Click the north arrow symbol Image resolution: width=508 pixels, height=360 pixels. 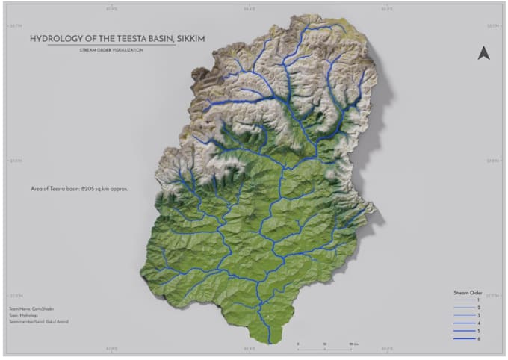(x=483, y=52)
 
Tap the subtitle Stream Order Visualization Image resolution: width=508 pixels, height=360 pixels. (x=111, y=50)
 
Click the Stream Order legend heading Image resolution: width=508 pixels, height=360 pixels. (x=468, y=292)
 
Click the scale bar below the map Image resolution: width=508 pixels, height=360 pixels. (x=325, y=348)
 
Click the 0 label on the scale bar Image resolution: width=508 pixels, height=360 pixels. (x=298, y=344)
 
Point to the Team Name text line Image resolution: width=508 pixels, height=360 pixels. (x=28, y=308)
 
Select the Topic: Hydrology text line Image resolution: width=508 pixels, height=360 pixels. (x=25, y=315)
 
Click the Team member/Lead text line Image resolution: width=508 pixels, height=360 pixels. (x=34, y=323)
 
